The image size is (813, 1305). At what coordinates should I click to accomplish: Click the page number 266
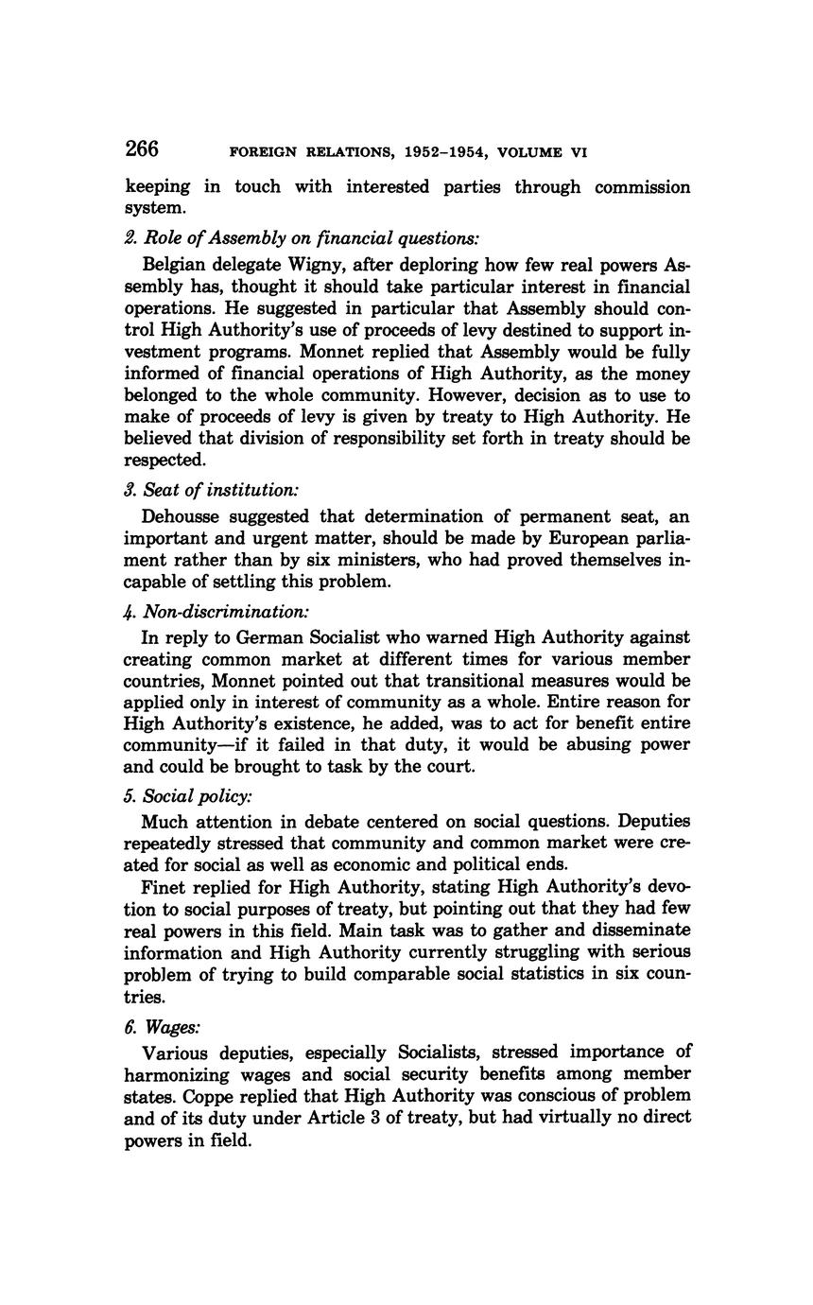(141, 148)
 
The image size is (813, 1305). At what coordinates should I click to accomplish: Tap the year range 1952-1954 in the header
(448, 151)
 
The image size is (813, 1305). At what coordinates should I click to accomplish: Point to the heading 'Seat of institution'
(221, 489)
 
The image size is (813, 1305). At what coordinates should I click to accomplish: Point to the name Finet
(162, 886)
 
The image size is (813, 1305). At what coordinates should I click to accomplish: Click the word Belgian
(175, 265)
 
